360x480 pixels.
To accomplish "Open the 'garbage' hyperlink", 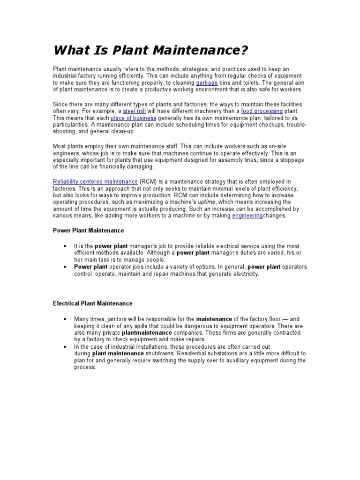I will [x=207, y=82].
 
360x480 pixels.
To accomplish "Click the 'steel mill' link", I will [x=134, y=111].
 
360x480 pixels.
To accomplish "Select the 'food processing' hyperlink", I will [x=262, y=111].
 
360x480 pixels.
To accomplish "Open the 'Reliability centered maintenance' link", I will [x=95, y=181].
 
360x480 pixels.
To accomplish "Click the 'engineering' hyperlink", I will [x=247, y=216].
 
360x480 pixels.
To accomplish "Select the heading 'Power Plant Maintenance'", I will [x=88, y=231].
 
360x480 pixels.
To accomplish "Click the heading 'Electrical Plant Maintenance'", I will [x=92, y=303].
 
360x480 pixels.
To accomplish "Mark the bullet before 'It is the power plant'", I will [x=64, y=246].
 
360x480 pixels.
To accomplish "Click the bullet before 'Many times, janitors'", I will [x=64, y=319].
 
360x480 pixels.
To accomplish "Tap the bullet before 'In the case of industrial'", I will [x=64, y=346].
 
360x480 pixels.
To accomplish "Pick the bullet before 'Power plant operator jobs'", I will [x=64, y=267].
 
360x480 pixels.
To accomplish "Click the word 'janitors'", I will [x=119, y=319].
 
